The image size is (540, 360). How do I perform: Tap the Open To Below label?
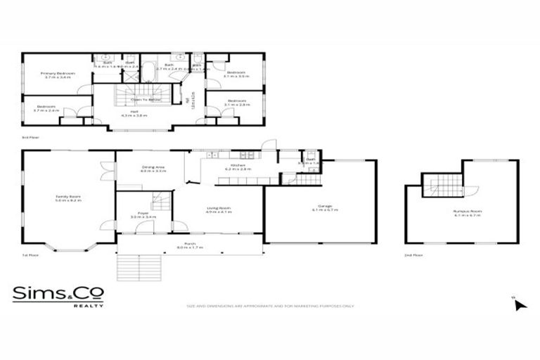click(146, 100)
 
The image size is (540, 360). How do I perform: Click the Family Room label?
click(69, 198)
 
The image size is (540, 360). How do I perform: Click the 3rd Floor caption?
click(30, 138)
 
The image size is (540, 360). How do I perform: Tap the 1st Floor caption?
click(30, 257)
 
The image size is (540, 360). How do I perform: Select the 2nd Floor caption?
click(413, 257)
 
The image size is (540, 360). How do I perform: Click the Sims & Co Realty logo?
click(58, 295)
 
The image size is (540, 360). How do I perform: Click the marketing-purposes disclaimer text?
click(270, 306)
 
